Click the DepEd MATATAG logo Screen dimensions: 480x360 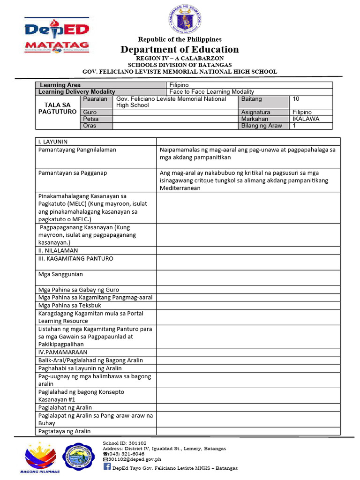56,38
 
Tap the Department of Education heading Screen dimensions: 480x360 180,50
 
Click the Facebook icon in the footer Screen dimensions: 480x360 107,467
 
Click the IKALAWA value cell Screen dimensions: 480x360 306,119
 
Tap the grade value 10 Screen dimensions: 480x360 296,99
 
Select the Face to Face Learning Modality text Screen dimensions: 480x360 211,92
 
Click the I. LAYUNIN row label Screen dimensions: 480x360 52,142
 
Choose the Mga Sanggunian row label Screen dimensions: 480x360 60,274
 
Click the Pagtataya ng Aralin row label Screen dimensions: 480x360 65,431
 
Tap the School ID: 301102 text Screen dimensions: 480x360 125,442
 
